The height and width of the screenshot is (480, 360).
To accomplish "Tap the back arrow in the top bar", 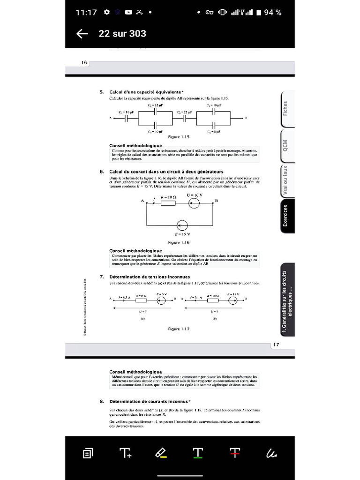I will click(x=82, y=34).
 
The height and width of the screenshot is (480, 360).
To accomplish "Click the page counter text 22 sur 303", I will click(x=122, y=34).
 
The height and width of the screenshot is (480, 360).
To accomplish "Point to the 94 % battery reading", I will click(x=272, y=13).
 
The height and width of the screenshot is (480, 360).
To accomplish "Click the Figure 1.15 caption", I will click(x=179, y=136).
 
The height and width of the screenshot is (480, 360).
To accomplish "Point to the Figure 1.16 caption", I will click(x=179, y=242).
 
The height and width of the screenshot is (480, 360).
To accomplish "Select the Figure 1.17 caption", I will click(x=179, y=329).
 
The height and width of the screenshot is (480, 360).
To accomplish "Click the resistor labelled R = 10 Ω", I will click(x=168, y=203).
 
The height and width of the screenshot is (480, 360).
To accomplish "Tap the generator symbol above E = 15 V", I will click(x=182, y=225).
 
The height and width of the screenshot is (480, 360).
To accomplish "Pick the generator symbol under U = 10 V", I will click(x=194, y=203).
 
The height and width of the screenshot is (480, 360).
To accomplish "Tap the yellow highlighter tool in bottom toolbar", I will click(x=161, y=453).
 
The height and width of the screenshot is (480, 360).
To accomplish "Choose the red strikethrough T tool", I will click(x=235, y=453).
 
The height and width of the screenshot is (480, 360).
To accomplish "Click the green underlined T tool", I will click(x=198, y=453).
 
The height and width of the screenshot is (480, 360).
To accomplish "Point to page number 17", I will click(x=276, y=345).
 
